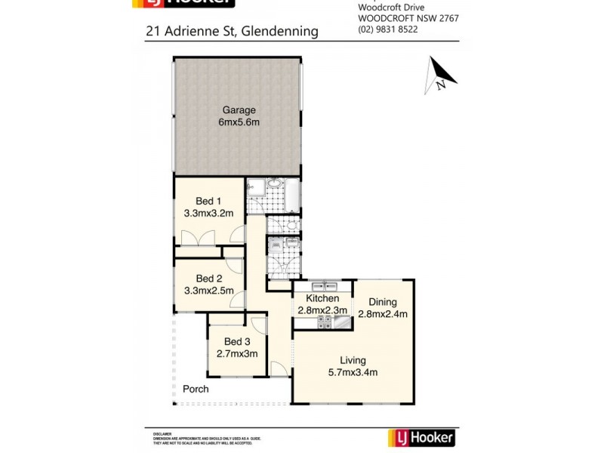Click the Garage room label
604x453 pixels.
pyautogui.click(x=238, y=109)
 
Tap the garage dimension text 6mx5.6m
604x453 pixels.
pyautogui.click(x=238, y=122)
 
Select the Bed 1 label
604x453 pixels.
pyautogui.click(x=209, y=201)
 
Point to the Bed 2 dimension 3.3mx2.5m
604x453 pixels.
pyautogui.click(x=209, y=290)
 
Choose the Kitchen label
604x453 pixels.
pyautogui.click(x=322, y=298)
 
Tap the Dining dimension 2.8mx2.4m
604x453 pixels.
pyautogui.click(x=383, y=314)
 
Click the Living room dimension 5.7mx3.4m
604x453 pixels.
pyautogui.click(x=352, y=371)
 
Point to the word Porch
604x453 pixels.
pyautogui.click(x=196, y=389)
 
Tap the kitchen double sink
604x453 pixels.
pyautogui.click(x=322, y=286)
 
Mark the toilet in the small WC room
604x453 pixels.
pyautogui.click(x=293, y=225)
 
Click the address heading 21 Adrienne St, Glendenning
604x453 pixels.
pyautogui.click(x=232, y=32)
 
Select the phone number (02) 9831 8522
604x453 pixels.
pyautogui.click(x=388, y=29)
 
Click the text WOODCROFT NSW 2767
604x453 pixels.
pyautogui.click(x=408, y=18)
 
